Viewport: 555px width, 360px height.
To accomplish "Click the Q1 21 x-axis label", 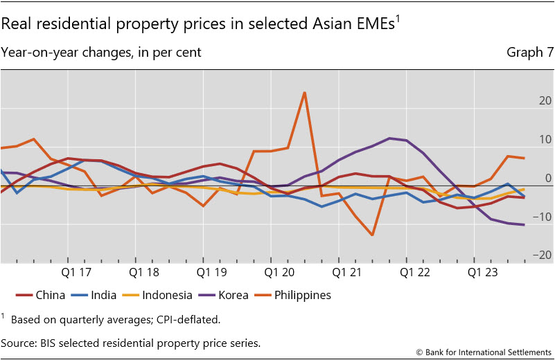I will [x=347, y=272].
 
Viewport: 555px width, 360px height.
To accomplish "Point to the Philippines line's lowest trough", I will [x=372, y=235].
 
